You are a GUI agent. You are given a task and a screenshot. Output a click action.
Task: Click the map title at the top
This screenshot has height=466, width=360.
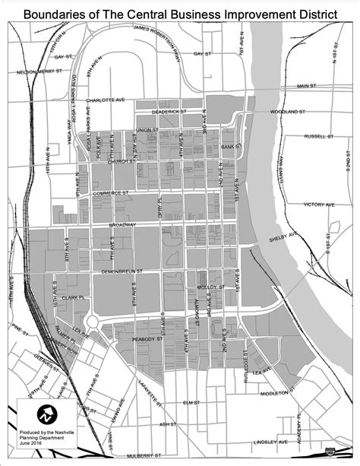click(180, 14)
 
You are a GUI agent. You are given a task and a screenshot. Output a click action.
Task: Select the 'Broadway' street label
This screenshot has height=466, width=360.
click(122, 225)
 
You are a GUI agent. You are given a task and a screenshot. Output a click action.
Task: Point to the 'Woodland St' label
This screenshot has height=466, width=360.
click(289, 112)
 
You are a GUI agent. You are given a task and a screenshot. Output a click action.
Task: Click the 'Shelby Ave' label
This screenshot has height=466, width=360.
click(281, 239)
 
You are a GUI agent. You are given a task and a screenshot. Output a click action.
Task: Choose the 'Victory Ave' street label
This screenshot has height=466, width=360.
click(319, 204)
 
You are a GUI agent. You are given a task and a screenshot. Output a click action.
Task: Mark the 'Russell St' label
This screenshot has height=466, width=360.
click(319, 138)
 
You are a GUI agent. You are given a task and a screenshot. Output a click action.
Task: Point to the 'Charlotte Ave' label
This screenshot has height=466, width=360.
click(104, 99)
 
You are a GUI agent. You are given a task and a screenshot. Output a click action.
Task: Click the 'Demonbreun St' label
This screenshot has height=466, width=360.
click(122, 271)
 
